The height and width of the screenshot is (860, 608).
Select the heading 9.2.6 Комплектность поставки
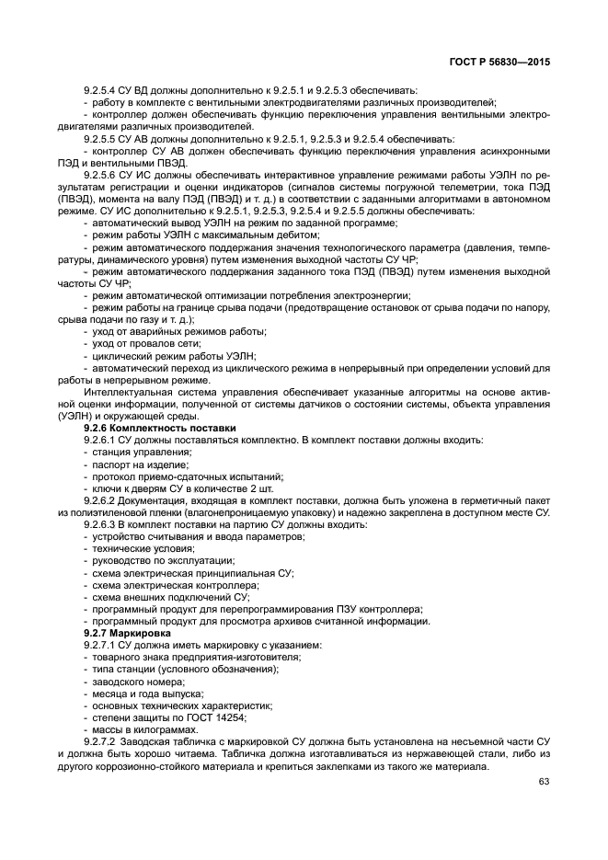160,429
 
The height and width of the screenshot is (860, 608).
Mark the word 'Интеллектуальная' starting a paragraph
123,393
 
